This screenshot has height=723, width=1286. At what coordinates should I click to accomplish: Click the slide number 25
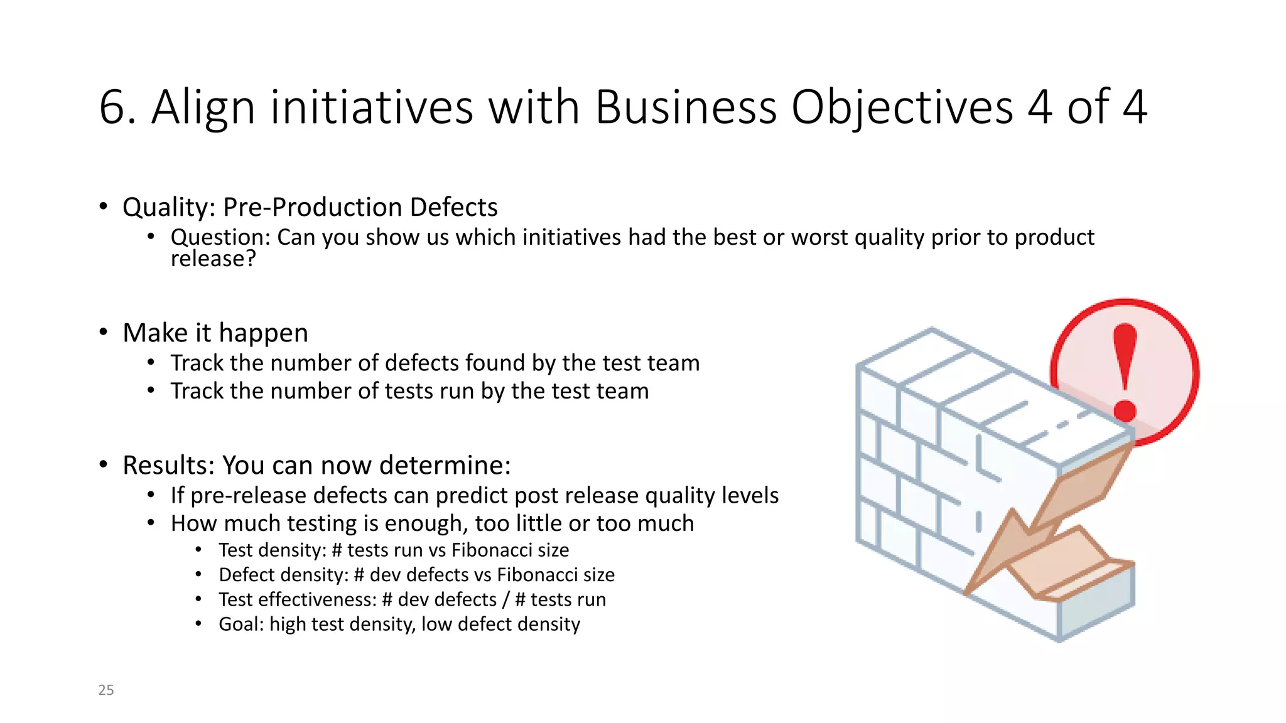tap(106, 690)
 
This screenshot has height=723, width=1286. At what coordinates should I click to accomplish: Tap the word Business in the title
tap(685, 107)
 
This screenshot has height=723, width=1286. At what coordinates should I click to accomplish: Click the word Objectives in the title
tap(902, 107)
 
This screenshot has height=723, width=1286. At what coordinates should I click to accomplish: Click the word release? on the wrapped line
tap(213, 259)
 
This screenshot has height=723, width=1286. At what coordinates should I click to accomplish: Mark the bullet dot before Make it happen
tap(104, 332)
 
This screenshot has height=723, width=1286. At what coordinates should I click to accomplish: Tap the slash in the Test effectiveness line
tap(505, 599)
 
